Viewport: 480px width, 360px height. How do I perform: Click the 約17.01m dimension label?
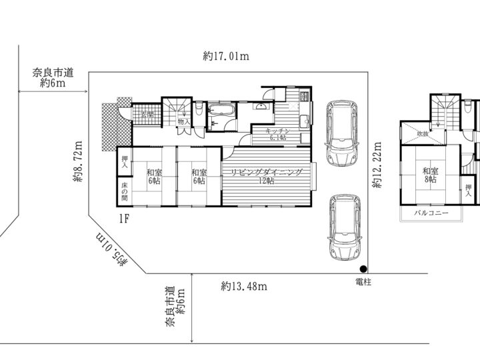(x=226, y=57)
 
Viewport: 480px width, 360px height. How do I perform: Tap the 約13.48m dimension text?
(x=244, y=287)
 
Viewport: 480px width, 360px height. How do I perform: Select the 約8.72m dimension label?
(x=78, y=160)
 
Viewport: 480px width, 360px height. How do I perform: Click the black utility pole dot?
(x=362, y=269)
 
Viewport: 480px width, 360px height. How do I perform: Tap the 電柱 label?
(x=363, y=283)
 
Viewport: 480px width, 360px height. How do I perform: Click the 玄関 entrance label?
(x=147, y=114)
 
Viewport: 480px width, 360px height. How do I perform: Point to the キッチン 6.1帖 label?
(x=275, y=133)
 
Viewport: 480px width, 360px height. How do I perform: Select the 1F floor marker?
(x=124, y=218)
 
